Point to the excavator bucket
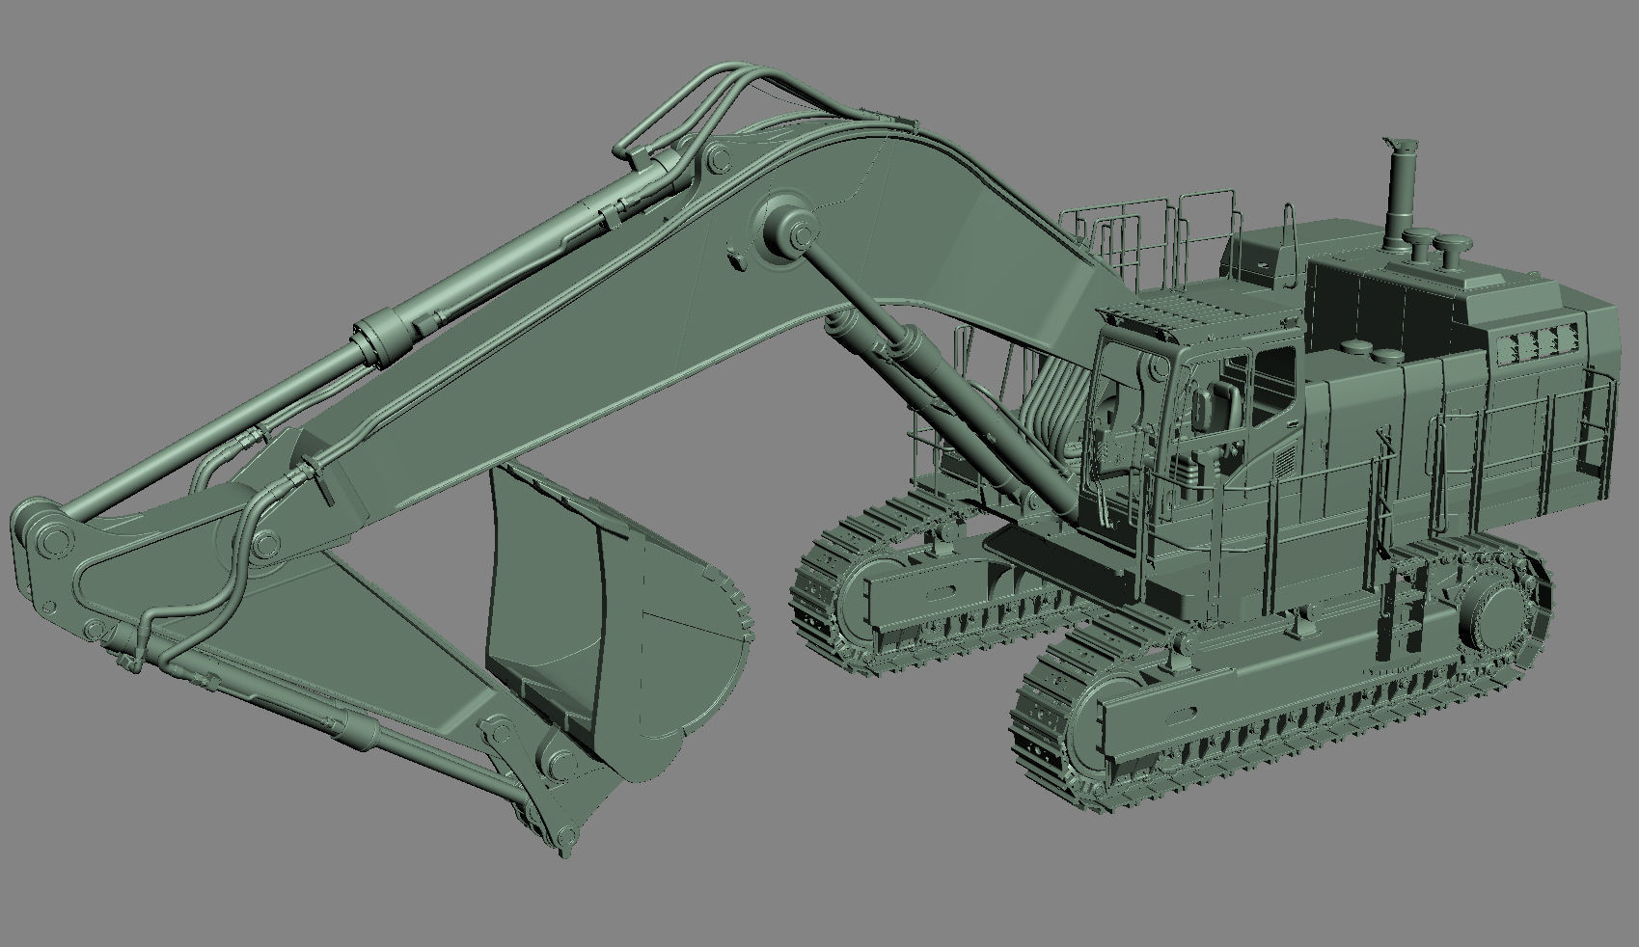click(x=617, y=617)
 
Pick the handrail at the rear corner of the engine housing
click(x=1597, y=424)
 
